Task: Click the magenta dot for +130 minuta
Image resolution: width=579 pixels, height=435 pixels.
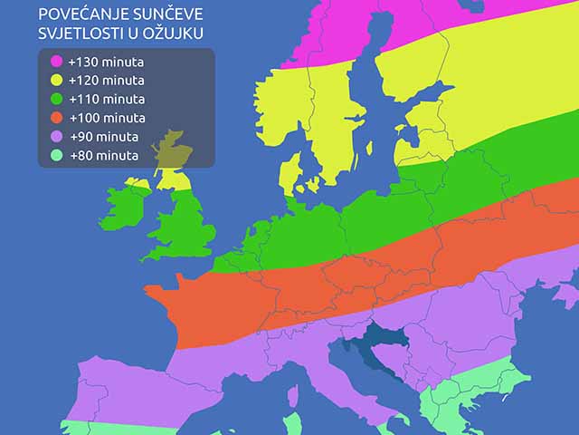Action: pyautogui.click(x=56, y=63)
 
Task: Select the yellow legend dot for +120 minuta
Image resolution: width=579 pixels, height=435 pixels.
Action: pyautogui.click(x=56, y=81)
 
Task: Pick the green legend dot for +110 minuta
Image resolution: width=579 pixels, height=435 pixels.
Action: pyautogui.click(x=56, y=100)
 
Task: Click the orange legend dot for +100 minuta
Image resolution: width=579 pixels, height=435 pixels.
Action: pyautogui.click(x=56, y=118)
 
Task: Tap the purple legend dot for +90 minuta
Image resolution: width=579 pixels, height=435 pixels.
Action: pyautogui.click(x=56, y=137)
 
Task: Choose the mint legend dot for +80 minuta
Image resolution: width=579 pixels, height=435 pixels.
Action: pyautogui.click(x=56, y=155)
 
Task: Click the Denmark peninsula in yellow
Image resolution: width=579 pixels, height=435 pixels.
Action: pyautogui.click(x=291, y=172)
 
